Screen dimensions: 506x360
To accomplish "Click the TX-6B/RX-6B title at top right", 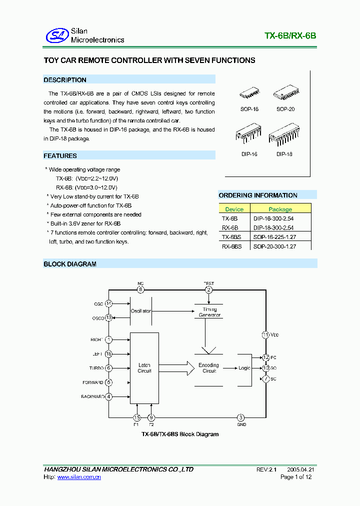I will click(x=290, y=36).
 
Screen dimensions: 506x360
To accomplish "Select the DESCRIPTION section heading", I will click(x=65, y=80).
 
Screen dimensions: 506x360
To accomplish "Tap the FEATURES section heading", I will click(x=60, y=156).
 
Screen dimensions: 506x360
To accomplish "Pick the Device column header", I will click(x=234, y=209).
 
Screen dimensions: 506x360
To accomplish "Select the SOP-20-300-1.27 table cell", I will click(x=274, y=246).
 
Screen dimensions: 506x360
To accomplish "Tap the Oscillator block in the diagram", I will click(x=141, y=311).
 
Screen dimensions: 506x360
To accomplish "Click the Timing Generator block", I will click(x=209, y=312).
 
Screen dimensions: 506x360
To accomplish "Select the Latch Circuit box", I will click(x=144, y=368).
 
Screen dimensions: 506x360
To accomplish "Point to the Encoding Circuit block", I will click(x=208, y=368).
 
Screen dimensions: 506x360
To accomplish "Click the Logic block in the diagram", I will click(x=244, y=368).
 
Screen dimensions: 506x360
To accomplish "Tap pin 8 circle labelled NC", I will click(x=140, y=289).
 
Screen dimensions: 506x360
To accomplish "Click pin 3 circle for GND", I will click(x=241, y=417).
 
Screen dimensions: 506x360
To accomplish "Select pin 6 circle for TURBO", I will click(x=108, y=368).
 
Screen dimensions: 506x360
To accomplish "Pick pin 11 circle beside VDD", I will click(x=265, y=334).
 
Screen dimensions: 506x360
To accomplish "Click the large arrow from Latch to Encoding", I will click(x=182, y=368).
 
